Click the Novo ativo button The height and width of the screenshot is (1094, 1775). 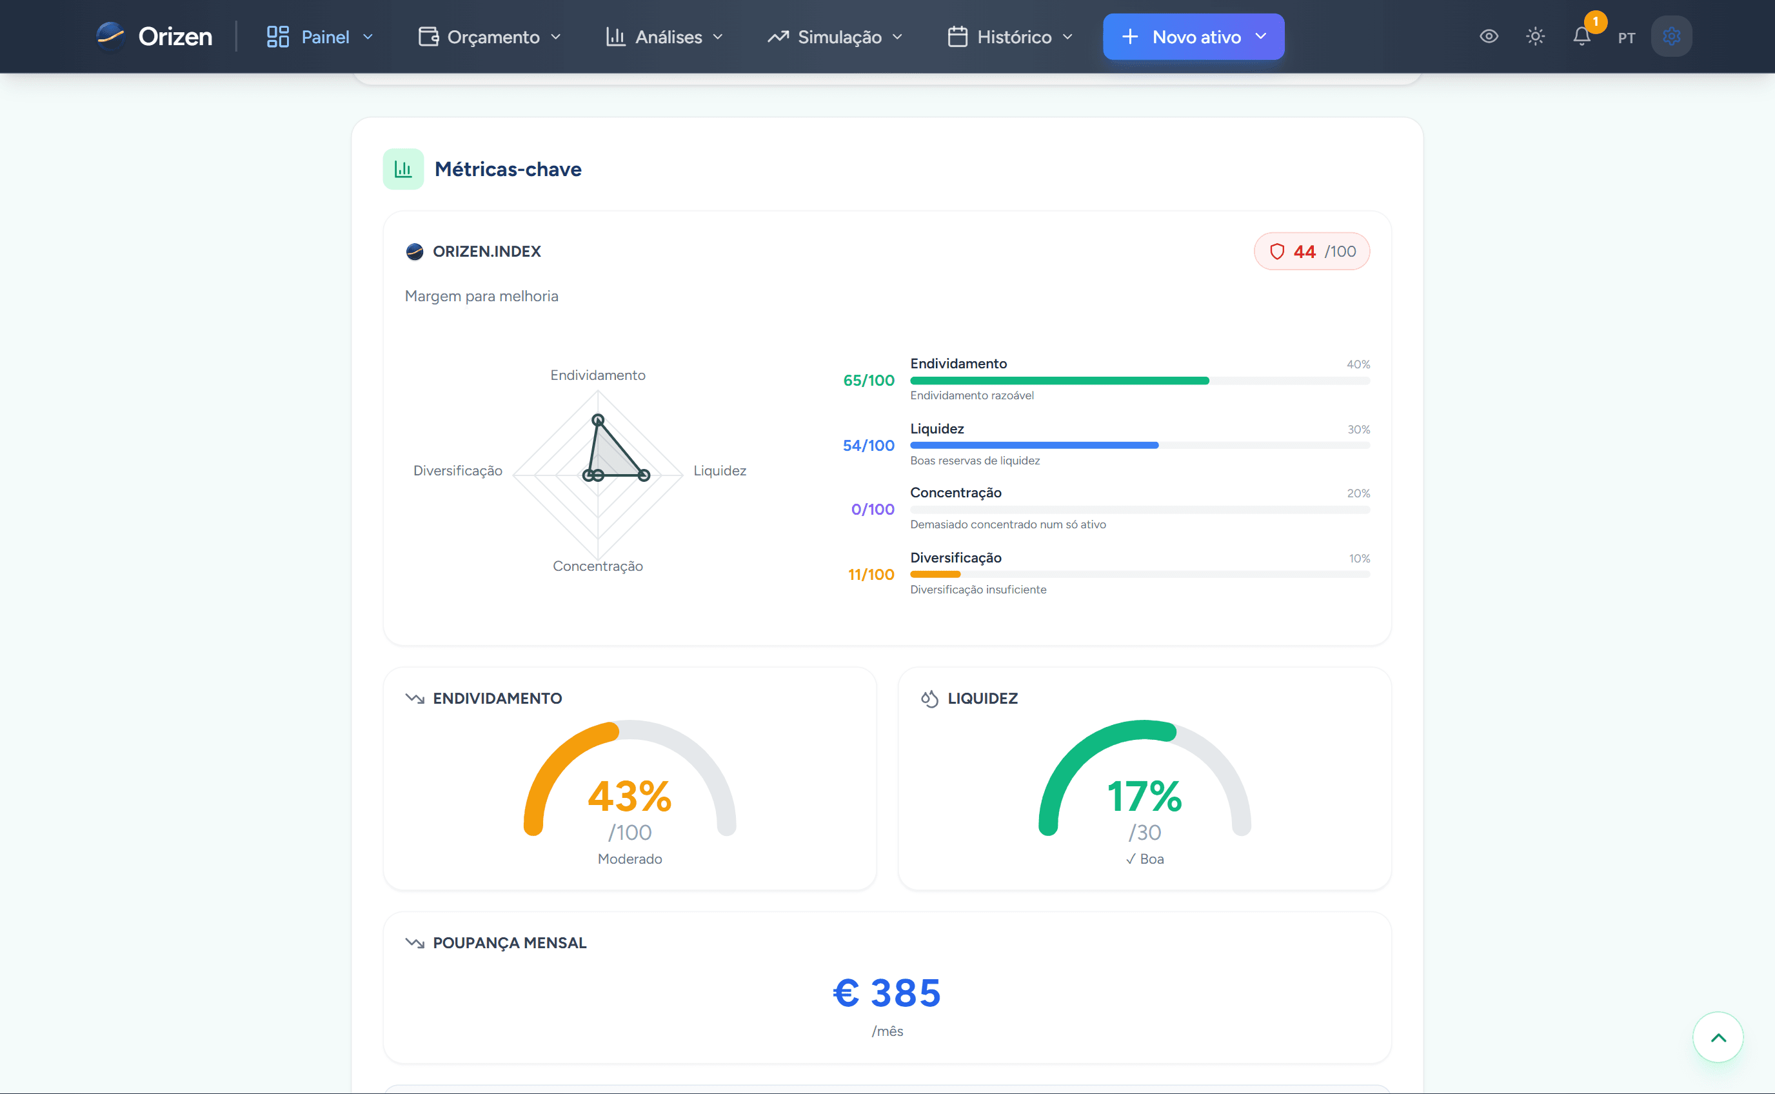[x=1193, y=36]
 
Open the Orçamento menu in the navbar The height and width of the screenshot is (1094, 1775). [x=490, y=37]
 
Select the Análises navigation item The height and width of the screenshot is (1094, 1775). [x=664, y=37]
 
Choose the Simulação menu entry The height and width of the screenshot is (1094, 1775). [x=835, y=37]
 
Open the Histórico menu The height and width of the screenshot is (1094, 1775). [x=1011, y=37]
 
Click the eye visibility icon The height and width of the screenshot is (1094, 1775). [x=1489, y=36]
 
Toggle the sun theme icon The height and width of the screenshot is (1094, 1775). [x=1536, y=36]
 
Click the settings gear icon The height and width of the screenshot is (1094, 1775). [x=1671, y=36]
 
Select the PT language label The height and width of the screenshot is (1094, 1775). [x=1627, y=37]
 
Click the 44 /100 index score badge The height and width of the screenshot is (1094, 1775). [x=1311, y=251]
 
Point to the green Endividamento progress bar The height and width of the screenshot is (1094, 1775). [x=1060, y=381]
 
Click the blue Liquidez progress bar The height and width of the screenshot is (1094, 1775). [x=1035, y=446]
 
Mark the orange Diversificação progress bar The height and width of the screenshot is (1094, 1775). [x=935, y=575]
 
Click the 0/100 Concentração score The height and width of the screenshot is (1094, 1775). [x=872, y=510]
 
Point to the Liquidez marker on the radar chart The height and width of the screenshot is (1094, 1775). [x=644, y=475]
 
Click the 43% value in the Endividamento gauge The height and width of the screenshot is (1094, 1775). [x=630, y=796]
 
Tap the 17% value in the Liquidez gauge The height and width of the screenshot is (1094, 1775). [x=1144, y=796]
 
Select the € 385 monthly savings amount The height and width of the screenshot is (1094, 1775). [x=887, y=993]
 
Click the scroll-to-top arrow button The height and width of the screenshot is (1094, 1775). [x=1718, y=1037]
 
